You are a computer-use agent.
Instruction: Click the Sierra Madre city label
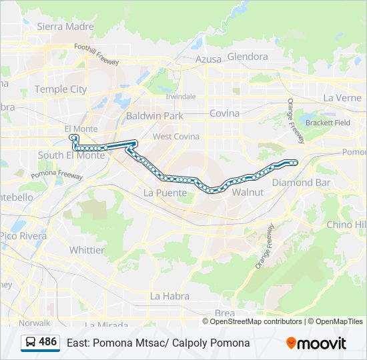[65, 27]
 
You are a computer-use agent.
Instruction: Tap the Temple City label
[60, 89]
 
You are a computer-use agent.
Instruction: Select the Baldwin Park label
[154, 115]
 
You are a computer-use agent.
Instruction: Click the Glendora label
[248, 57]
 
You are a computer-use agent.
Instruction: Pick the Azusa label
[208, 59]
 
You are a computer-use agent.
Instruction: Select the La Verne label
[342, 97]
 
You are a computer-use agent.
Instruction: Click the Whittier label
[87, 250]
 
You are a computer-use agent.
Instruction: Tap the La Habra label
[169, 296]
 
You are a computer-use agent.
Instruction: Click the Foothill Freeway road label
[96, 55]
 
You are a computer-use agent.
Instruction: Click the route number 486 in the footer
[48, 342]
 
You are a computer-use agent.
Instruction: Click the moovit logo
[316, 343]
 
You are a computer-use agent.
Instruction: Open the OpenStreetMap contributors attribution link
[256, 321]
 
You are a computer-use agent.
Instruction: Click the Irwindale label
[181, 97]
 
